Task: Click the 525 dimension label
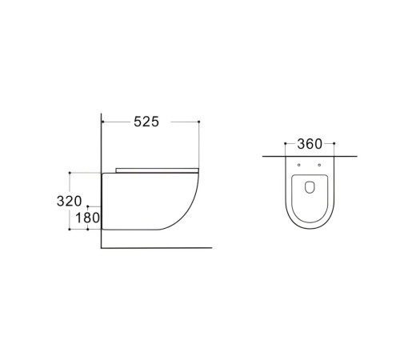click(x=146, y=122)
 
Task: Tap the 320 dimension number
click(x=70, y=201)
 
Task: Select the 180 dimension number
click(x=87, y=218)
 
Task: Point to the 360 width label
click(x=310, y=144)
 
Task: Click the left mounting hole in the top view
click(x=299, y=165)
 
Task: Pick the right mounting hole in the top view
click(x=319, y=165)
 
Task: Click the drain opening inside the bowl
click(x=310, y=187)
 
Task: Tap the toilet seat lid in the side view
click(x=157, y=170)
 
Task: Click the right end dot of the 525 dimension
click(x=199, y=122)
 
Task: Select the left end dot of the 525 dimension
click(x=102, y=122)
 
